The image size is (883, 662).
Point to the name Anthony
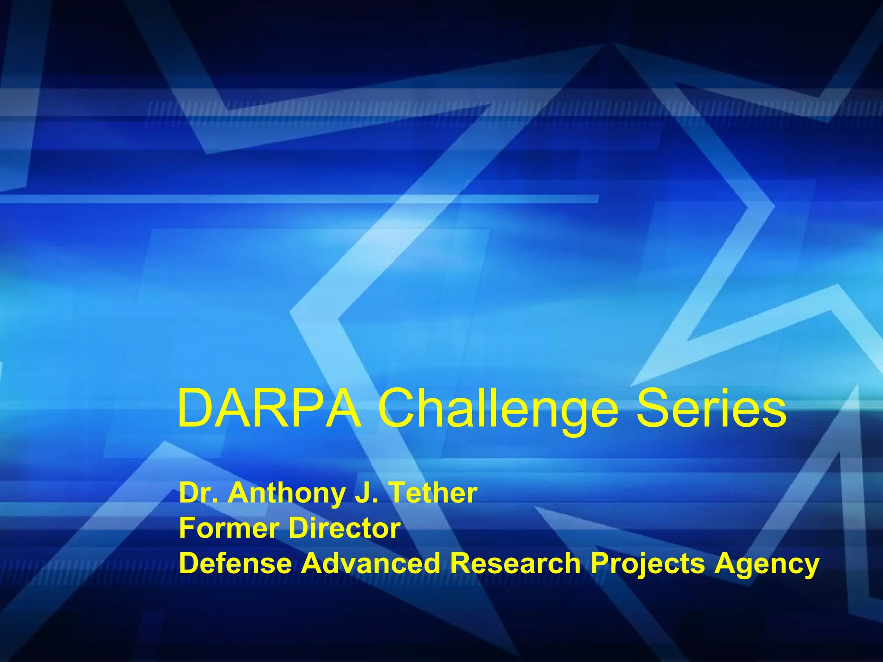pyautogui.click(x=286, y=494)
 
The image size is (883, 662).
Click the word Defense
pyautogui.click(x=235, y=563)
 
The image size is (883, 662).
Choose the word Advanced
pyautogui.click(x=370, y=563)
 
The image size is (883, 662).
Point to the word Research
pyautogui.click(x=515, y=563)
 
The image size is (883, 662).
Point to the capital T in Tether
pyautogui.click(x=397, y=493)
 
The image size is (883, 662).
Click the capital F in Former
pyautogui.click(x=187, y=528)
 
